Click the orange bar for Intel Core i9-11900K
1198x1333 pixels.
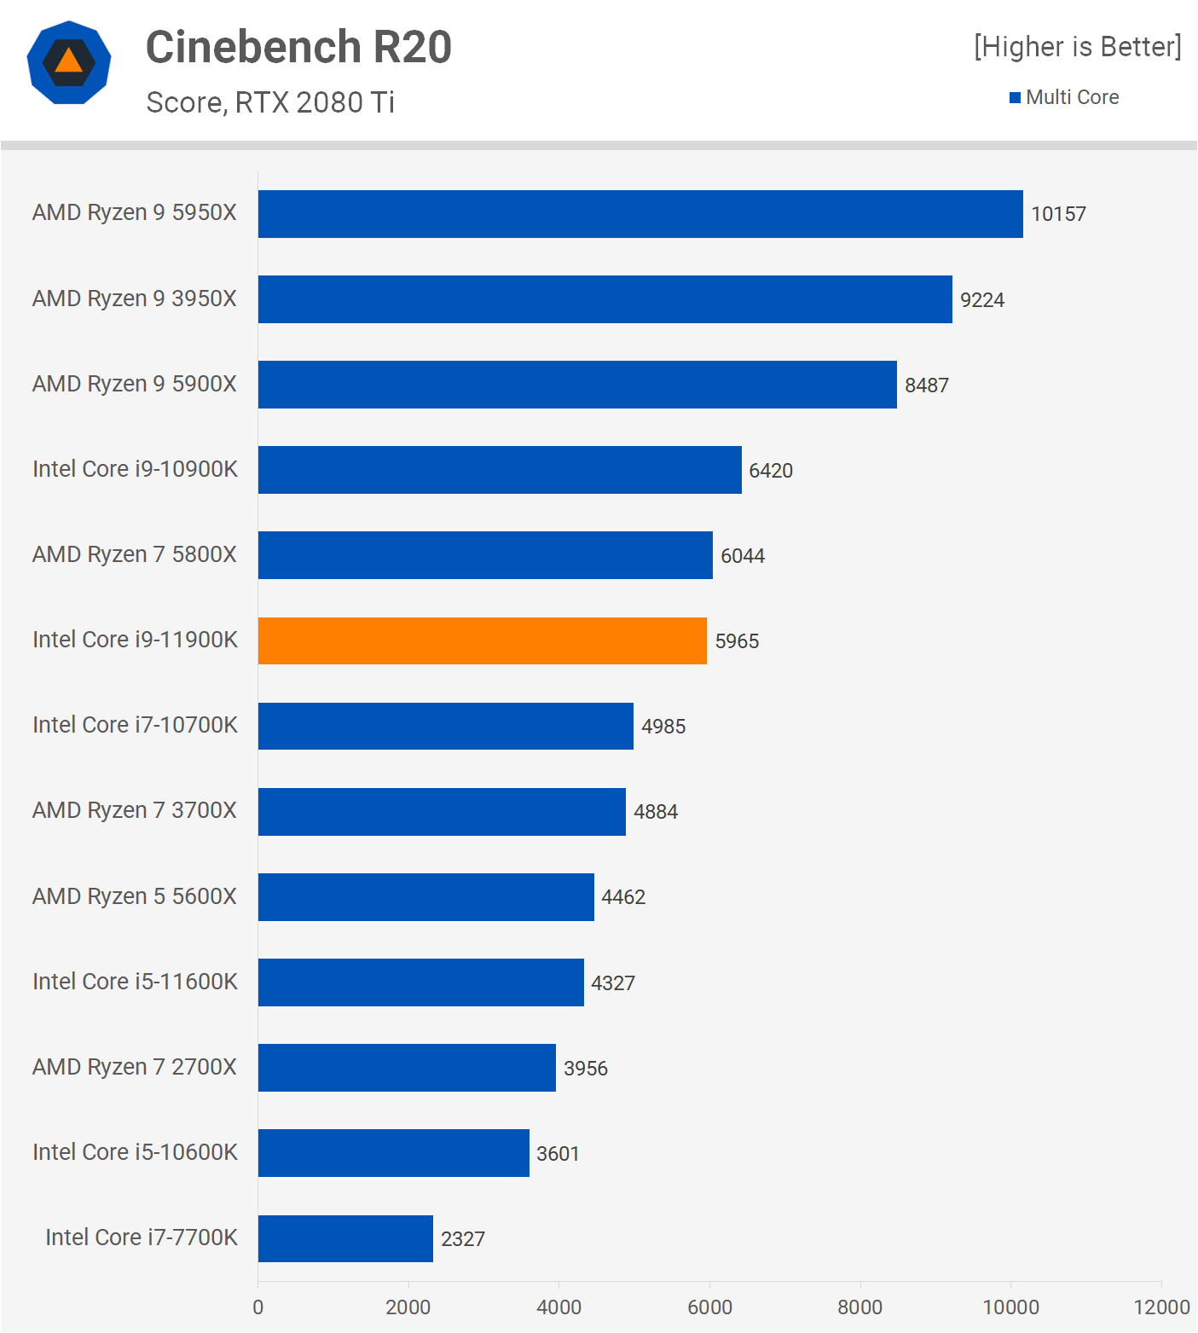point(482,640)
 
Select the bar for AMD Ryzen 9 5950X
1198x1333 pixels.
point(640,214)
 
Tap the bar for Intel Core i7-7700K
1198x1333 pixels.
point(345,1238)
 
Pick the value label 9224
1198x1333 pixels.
point(982,300)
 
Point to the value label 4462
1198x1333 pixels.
point(623,897)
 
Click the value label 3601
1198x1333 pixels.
point(558,1154)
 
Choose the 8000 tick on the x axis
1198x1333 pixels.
point(859,1307)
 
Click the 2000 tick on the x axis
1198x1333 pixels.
point(408,1307)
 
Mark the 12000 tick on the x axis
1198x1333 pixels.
point(1161,1307)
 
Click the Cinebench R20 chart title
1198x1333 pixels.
point(298,47)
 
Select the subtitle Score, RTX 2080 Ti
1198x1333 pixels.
point(270,102)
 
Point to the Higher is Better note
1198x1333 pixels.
point(1078,46)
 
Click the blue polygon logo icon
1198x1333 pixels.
point(69,62)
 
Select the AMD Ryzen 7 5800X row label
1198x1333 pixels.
point(135,554)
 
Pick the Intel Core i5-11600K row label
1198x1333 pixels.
point(135,982)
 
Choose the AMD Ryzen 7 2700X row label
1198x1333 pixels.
point(135,1067)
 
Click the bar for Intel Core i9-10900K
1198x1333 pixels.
point(500,470)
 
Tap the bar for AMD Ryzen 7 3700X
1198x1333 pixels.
point(442,812)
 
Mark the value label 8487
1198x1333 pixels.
point(927,385)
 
